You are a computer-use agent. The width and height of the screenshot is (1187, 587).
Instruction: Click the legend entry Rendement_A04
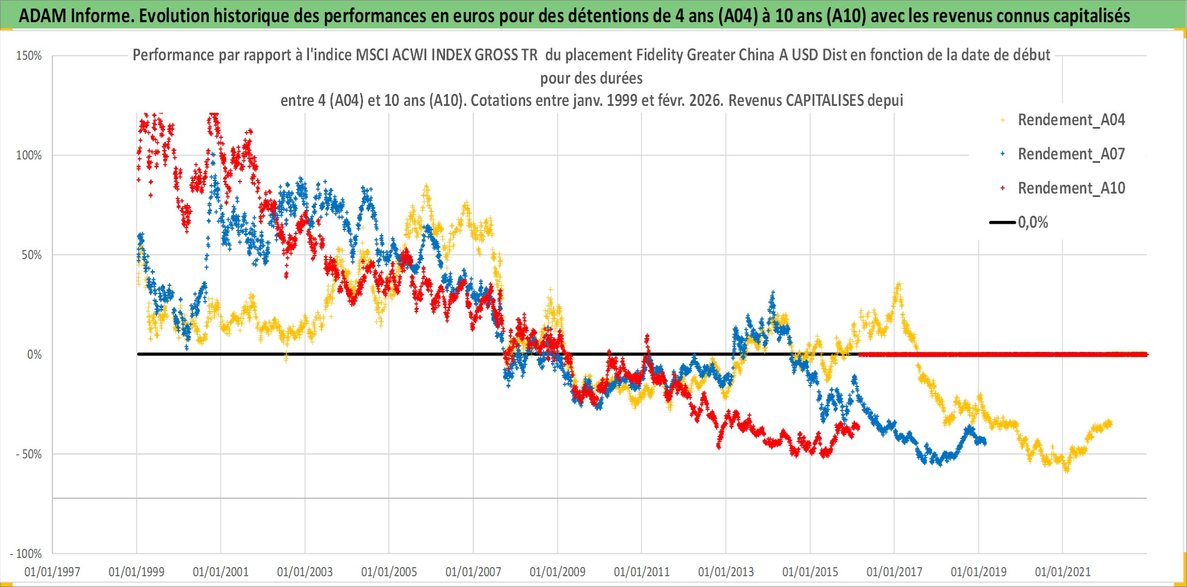tap(1071, 120)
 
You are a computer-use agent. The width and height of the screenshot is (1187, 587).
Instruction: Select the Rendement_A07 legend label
tap(1071, 154)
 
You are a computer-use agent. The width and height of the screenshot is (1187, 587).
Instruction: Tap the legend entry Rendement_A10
tap(1071, 188)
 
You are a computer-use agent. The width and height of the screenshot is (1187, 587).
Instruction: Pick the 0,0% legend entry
tap(1033, 223)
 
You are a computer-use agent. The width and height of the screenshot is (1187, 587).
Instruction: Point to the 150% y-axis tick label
tap(29, 56)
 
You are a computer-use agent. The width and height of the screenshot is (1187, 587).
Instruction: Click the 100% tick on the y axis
tap(29, 155)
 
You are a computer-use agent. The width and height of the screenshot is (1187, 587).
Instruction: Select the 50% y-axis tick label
tap(32, 255)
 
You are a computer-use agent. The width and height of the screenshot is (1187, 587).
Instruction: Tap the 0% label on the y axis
tap(35, 355)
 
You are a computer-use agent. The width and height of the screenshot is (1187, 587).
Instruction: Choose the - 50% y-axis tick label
tap(29, 454)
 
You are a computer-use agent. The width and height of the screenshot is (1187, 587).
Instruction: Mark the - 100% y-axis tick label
tap(26, 554)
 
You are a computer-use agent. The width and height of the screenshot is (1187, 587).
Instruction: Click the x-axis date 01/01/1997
tap(52, 572)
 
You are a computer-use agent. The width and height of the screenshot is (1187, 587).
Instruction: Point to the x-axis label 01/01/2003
tap(305, 572)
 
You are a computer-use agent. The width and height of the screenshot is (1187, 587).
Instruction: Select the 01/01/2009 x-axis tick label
tap(558, 572)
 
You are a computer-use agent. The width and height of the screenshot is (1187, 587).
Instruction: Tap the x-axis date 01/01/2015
tap(810, 572)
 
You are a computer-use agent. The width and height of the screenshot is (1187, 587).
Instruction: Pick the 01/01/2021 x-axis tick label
tap(1063, 572)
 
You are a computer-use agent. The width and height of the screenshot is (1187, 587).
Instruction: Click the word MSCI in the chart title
tap(372, 55)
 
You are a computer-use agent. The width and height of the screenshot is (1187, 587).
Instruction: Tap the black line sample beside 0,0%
tap(1003, 223)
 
